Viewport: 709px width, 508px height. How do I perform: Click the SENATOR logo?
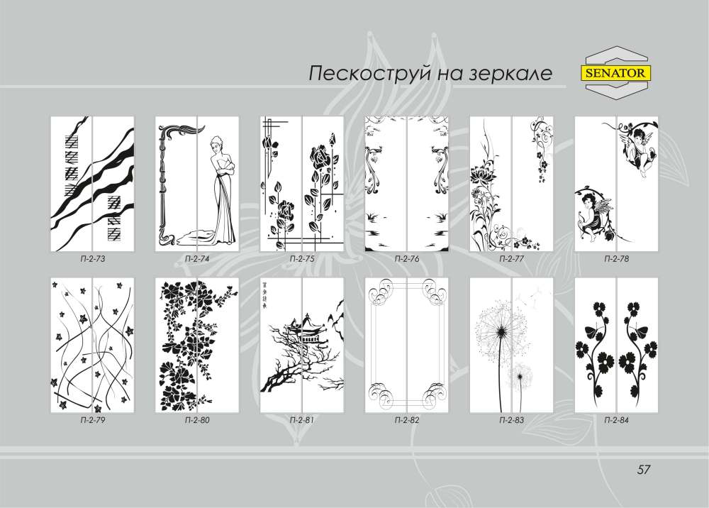coord(618,72)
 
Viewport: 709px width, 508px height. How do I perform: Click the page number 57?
coord(644,469)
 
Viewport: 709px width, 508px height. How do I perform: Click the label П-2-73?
coord(92,260)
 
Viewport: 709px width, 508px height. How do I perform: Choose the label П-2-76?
coord(406,260)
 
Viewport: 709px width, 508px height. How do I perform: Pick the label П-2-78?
coord(616,260)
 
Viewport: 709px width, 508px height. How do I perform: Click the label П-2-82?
coord(406,421)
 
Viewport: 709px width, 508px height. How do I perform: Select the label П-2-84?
coord(616,421)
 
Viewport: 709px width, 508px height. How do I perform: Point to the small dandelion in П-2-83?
coord(524,372)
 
